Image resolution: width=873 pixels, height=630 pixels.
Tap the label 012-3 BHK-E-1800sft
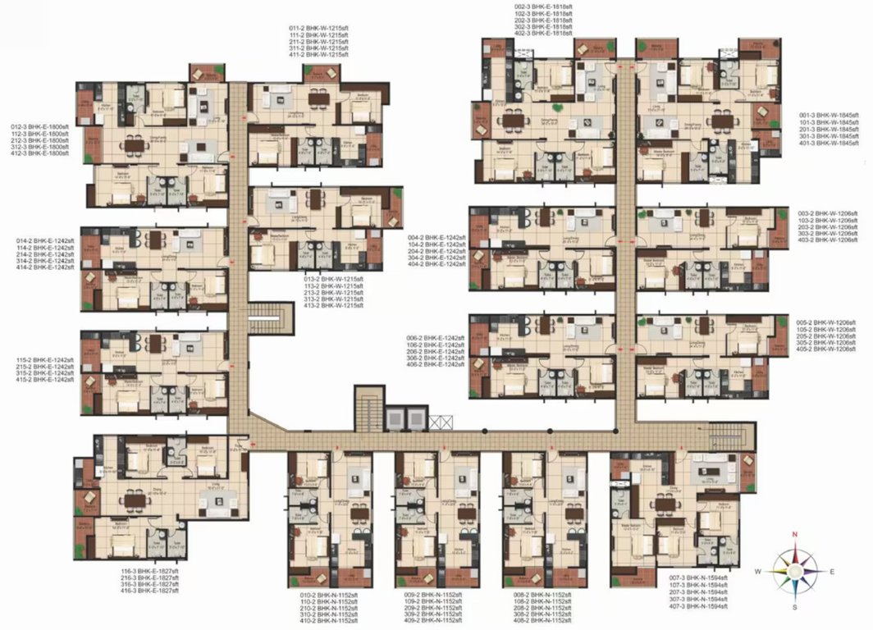[x=40, y=127]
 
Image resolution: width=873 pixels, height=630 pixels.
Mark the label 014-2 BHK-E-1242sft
[x=45, y=240]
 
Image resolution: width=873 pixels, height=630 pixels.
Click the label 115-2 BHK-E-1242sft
[x=45, y=359]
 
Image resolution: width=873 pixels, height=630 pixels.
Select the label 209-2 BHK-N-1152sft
[x=428, y=607]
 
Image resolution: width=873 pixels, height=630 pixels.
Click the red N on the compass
[x=794, y=534]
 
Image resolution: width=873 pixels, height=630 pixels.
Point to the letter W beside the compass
[x=759, y=571]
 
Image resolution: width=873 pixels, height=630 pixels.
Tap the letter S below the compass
[x=794, y=607]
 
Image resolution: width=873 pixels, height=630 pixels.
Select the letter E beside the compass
[x=832, y=571]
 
